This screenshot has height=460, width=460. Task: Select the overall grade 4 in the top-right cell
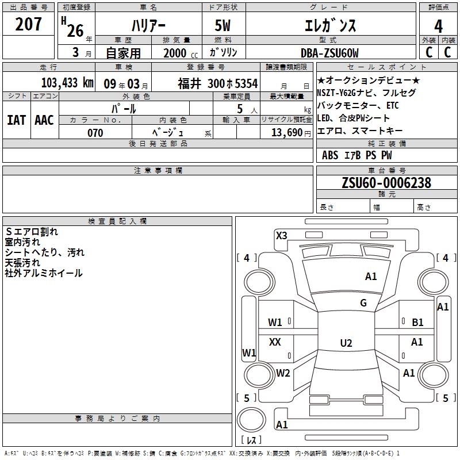438,26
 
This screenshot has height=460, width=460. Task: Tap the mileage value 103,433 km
67,83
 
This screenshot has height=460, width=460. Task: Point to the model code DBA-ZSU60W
329,53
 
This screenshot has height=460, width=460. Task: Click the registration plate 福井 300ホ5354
217,83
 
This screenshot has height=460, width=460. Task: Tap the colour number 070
95,133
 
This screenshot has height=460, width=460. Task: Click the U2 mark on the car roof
346,343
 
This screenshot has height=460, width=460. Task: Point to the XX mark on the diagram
275,342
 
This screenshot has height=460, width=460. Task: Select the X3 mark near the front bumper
281,235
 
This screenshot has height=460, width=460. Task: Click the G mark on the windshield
363,303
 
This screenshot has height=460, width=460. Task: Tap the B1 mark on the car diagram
417,323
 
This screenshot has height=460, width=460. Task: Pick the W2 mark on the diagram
283,373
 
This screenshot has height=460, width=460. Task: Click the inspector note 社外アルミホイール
44,273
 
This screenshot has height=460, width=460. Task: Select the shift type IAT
16,120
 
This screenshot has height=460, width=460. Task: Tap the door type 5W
223,26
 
